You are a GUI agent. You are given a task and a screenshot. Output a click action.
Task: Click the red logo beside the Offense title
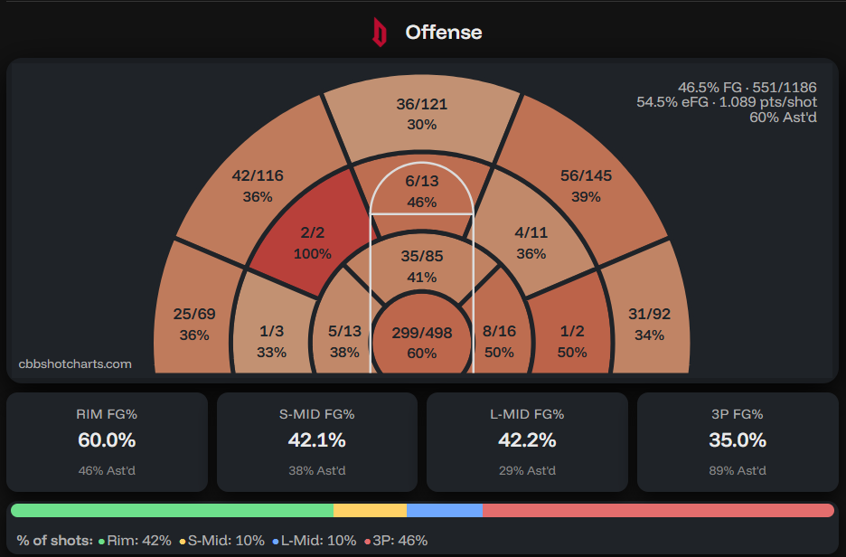coord(380,33)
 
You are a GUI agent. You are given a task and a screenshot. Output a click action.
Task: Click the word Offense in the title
coord(443,33)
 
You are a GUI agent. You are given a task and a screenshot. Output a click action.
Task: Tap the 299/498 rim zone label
coord(421,333)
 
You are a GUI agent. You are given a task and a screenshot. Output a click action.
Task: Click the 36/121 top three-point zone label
coord(421,104)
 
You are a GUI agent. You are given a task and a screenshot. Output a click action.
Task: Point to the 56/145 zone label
coord(586,175)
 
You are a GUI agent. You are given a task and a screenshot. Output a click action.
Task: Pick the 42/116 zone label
coord(258,175)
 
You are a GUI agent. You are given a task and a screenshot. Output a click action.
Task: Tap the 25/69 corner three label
coord(194,315)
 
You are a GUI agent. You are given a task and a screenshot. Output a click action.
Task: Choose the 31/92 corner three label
coord(649,315)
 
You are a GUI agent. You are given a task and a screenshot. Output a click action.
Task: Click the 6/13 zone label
coord(421,181)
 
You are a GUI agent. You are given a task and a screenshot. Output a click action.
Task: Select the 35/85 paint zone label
coord(421,256)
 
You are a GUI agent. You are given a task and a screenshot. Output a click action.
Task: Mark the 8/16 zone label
coord(498,331)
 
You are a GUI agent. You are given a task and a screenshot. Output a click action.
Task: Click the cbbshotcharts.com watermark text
coord(75,363)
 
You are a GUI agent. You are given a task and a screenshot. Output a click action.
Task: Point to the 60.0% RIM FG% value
coord(107,440)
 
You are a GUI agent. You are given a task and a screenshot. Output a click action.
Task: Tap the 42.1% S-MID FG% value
coord(316,440)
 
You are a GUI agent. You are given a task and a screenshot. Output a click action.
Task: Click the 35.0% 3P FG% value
coord(737,440)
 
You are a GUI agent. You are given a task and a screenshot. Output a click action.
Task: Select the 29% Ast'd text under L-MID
coord(527,470)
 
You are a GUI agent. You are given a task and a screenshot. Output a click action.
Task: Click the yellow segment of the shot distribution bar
coord(370,511)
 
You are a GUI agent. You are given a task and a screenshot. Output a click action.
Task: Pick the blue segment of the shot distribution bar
coord(444,511)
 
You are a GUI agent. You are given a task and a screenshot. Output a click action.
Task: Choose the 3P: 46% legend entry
coord(397,541)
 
